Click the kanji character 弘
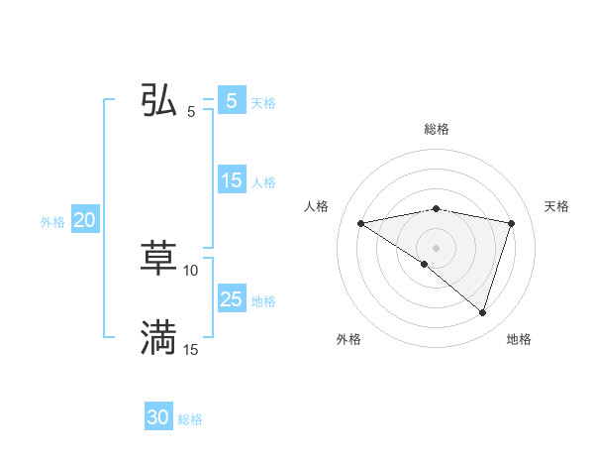click(158, 100)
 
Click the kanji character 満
click(158, 337)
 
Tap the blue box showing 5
click(231, 101)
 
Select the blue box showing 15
click(232, 180)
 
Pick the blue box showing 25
click(232, 299)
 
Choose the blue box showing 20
click(84, 221)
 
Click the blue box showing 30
click(158, 417)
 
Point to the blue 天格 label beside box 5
click(263, 103)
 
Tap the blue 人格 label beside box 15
click(263, 182)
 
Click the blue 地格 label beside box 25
click(263, 301)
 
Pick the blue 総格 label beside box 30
click(190, 419)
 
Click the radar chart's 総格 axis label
click(436, 129)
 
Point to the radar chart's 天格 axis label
click(557, 206)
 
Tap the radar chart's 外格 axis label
click(348, 340)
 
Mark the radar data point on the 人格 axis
click(360, 223)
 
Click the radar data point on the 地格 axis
click(482, 313)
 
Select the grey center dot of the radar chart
click(436, 247)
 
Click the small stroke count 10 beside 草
click(191, 270)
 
